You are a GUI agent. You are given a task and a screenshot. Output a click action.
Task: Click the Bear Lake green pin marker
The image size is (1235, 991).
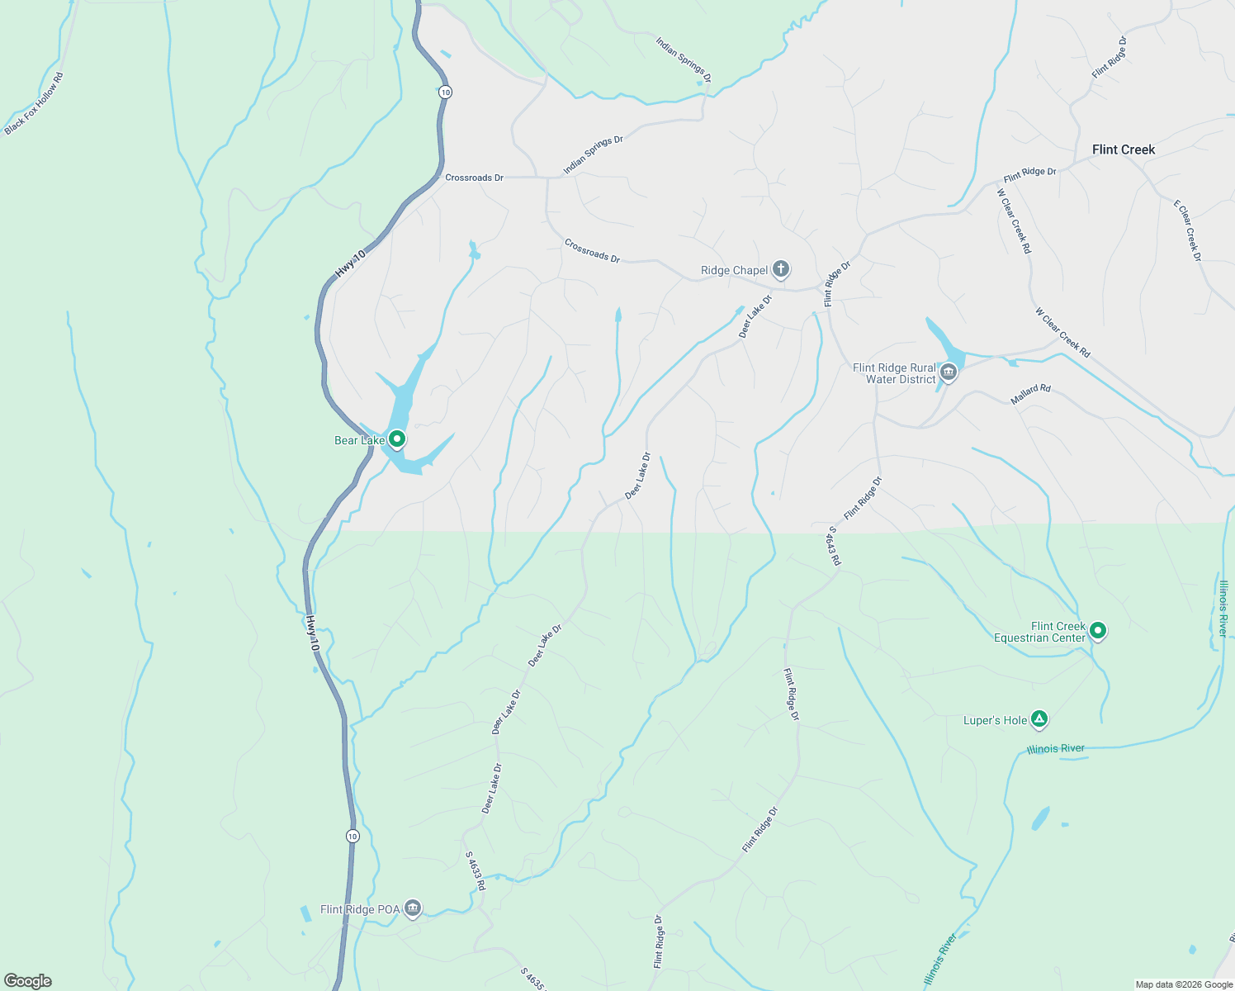397,439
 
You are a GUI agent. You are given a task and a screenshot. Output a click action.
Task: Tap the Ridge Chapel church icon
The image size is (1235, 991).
781,269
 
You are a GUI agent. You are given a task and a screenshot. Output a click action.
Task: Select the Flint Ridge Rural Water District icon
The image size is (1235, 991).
949,372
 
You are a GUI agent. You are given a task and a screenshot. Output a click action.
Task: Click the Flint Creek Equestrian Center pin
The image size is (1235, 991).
1097,631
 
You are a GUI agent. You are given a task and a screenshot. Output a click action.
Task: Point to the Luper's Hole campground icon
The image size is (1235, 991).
1039,719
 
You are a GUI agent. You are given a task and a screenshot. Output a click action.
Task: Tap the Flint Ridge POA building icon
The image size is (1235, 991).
413,908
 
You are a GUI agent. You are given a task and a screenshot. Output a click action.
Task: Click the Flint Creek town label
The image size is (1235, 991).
1123,149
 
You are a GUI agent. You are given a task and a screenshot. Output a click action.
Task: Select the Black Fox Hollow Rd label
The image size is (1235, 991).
34,104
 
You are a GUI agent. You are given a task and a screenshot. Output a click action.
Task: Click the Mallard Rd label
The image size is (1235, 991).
1030,394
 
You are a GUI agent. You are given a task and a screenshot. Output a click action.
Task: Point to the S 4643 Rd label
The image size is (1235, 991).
835,546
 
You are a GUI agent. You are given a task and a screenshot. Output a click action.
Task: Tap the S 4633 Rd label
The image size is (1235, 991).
476,871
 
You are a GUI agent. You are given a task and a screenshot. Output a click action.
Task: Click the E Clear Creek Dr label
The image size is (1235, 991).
1188,230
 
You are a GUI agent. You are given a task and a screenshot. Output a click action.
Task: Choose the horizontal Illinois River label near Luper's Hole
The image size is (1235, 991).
1055,749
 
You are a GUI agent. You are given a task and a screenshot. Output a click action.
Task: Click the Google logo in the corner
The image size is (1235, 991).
28,981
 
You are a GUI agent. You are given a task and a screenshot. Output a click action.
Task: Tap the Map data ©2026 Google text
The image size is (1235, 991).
1184,984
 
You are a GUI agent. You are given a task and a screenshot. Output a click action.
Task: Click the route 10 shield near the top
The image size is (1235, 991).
446,92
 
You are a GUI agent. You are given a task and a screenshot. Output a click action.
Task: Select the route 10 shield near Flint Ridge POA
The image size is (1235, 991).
353,836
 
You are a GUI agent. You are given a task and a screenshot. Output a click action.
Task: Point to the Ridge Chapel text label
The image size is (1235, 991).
734,270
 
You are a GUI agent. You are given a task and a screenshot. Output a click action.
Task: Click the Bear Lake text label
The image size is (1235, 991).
359,440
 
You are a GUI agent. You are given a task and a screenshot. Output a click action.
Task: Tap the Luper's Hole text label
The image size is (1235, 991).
995,720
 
